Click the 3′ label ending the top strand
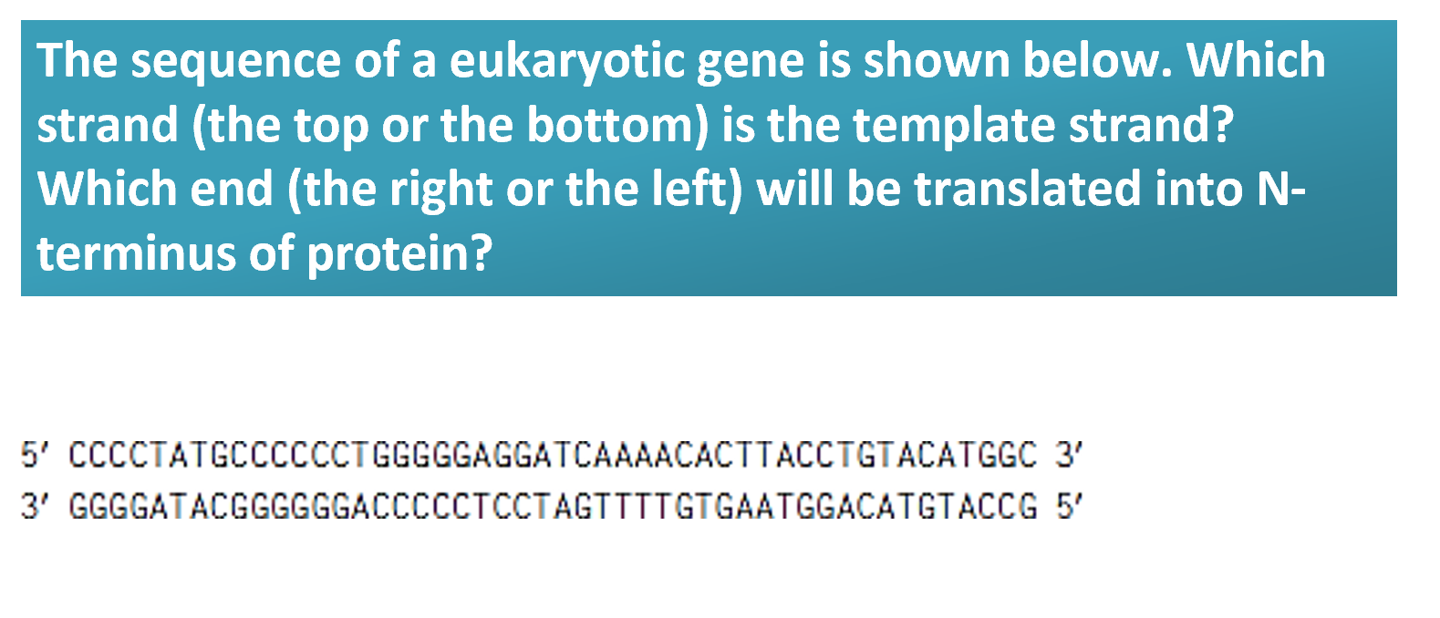point(1068,454)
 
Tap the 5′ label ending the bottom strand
point(1068,505)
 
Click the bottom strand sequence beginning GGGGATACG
point(553,505)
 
